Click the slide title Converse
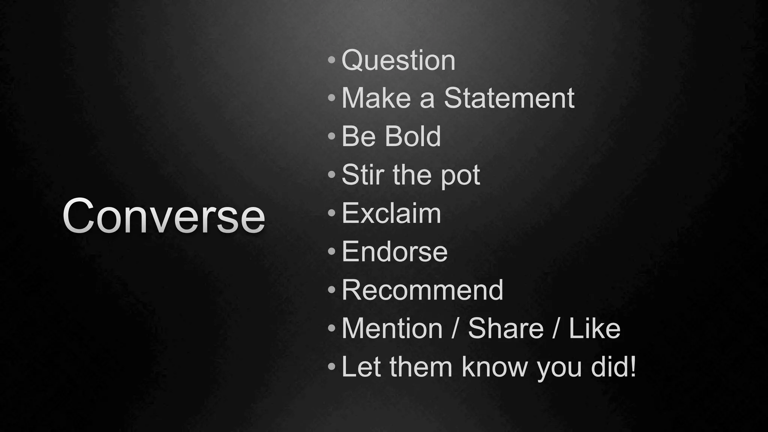click(164, 216)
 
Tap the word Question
click(398, 60)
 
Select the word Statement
click(509, 98)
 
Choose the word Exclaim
click(391, 213)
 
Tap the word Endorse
click(394, 252)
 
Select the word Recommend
click(422, 290)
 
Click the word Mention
click(392, 328)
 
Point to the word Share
click(505, 328)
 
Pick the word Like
click(594, 328)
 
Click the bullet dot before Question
click(331, 60)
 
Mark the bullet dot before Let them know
click(331, 366)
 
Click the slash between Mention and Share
click(455, 328)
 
